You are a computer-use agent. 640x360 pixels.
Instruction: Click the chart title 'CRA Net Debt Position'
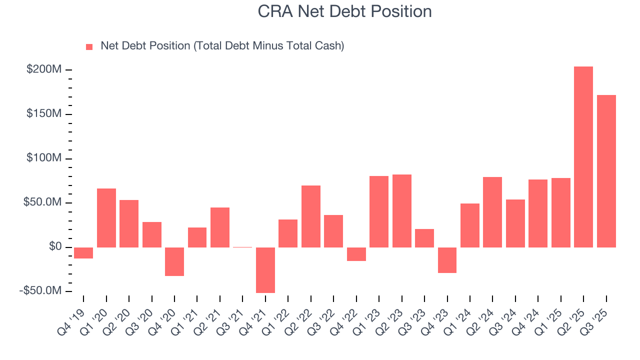pos(344,11)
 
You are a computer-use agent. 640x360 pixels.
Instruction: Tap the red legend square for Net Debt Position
pos(89,46)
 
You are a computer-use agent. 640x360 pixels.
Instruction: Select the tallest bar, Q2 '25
pos(583,157)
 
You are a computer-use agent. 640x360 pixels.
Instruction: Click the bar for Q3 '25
pos(606,171)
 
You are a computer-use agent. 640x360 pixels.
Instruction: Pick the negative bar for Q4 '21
pos(265,270)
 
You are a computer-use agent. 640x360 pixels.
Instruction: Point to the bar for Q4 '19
pos(83,253)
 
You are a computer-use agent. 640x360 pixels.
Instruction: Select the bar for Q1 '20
pos(106,218)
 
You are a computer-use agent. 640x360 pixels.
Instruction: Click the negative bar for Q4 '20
pos(174,261)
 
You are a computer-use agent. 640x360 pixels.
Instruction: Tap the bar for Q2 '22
pos(310,216)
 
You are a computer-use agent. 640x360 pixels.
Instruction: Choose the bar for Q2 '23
pos(401,211)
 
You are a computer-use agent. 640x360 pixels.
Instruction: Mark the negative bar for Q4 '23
pos(447,260)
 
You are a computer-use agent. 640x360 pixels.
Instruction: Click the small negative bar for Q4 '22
pos(356,254)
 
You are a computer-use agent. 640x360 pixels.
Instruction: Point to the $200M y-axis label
pos(44,69)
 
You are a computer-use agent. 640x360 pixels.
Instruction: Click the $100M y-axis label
pos(44,158)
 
